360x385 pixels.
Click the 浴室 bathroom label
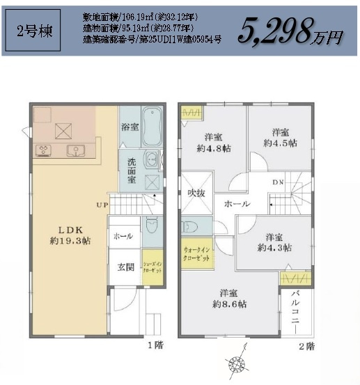[x=130, y=127]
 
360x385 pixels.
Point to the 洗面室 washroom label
[x=131, y=171]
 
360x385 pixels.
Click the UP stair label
[x=102, y=205]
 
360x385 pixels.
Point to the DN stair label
[x=277, y=182]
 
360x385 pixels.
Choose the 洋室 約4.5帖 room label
[x=281, y=137]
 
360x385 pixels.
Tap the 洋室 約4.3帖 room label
[x=274, y=242]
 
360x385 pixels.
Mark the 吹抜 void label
[x=195, y=194]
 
